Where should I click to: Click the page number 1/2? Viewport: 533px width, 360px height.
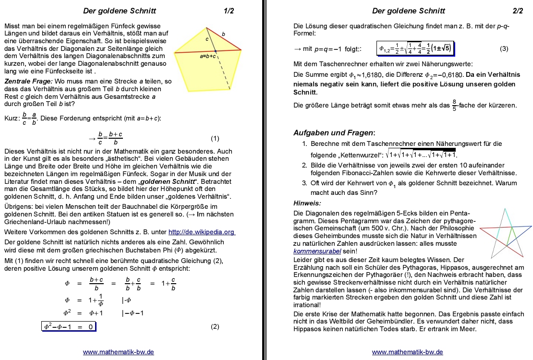click(x=229, y=11)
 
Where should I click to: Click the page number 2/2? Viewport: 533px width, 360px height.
click(x=518, y=11)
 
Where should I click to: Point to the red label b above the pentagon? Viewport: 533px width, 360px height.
click(x=223, y=34)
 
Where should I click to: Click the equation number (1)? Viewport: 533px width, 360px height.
click(x=215, y=139)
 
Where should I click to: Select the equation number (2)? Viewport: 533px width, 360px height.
click(x=215, y=327)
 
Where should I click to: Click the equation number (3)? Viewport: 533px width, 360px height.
click(x=504, y=49)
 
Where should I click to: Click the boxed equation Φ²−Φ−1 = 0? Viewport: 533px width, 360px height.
click(x=68, y=327)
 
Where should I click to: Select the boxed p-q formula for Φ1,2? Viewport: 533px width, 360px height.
click(x=415, y=49)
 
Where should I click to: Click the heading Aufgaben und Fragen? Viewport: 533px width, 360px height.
click(x=334, y=132)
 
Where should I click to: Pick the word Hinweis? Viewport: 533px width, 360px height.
click(x=307, y=203)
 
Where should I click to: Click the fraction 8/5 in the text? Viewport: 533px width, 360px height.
click(x=454, y=105)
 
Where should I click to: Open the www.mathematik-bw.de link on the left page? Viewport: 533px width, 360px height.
click(x=119, y=352)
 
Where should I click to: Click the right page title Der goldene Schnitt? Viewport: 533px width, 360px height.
click(x=408, y=11)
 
